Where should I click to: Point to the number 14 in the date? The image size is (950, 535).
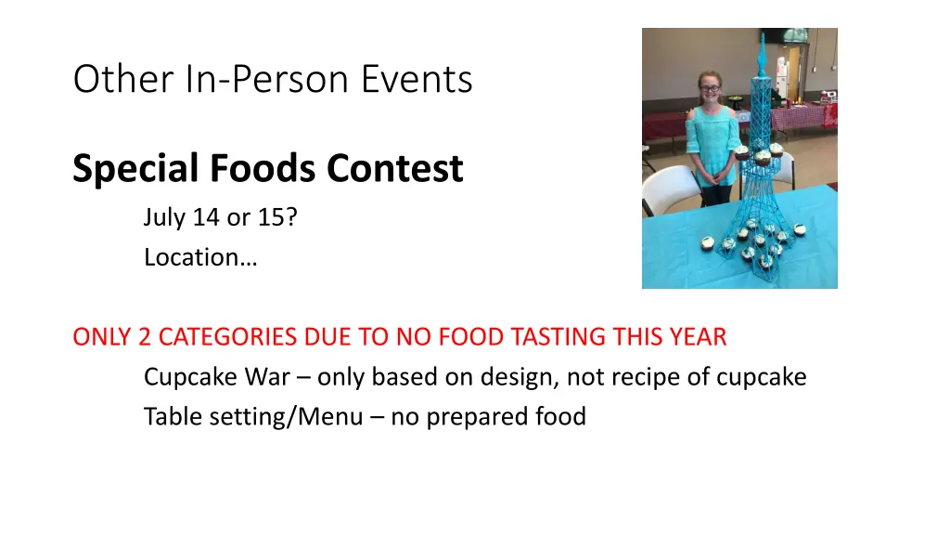click(x=206, y=217)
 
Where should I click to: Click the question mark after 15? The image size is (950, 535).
click(x=291, y=217)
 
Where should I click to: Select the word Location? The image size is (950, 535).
click(x=191, y=257)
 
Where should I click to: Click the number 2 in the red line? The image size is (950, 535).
click(x=144, y=337)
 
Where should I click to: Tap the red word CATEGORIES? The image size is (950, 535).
click(x=228, y=337)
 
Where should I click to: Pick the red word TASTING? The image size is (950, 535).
click(x=558, y=337)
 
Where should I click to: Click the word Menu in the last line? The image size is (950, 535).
click(x=329, y=417)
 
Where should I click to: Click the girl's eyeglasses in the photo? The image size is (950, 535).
click(x=710, y=88)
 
